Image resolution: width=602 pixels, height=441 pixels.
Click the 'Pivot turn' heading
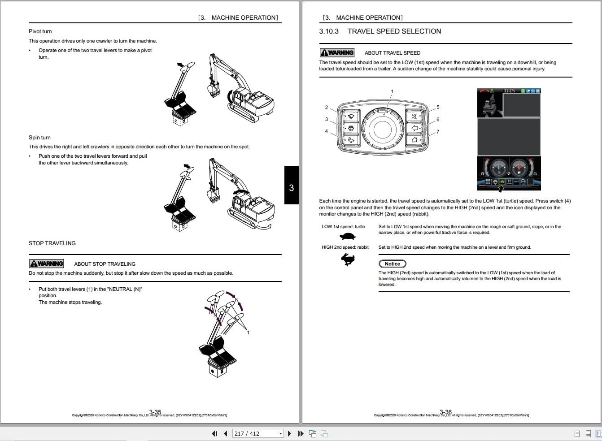pos(40,31)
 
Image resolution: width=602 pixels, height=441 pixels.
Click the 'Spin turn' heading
pos(39,138)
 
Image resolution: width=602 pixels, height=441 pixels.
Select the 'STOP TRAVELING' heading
pos(52,243)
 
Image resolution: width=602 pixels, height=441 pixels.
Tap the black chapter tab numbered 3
pos(291,188)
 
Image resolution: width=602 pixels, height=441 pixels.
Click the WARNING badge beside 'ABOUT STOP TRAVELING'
pos(47,264)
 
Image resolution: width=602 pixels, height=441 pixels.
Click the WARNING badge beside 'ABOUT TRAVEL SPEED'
pos(337,52)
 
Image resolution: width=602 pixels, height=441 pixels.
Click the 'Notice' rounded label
pos(392,264)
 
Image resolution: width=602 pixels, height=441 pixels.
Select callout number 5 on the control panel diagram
pos(438,108)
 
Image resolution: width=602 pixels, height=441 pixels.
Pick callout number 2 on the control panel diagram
pos(327,108)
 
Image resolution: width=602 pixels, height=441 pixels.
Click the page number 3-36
pos(446,412)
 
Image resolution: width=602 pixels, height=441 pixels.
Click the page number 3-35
pos(155,412)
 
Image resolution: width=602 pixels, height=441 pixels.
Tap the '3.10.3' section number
pos(329,31)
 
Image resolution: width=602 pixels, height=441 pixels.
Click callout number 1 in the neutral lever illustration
pos(248,332)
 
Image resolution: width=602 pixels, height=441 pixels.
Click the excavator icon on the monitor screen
pos(490,104)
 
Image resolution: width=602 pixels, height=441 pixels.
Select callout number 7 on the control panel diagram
pos(438,132)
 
